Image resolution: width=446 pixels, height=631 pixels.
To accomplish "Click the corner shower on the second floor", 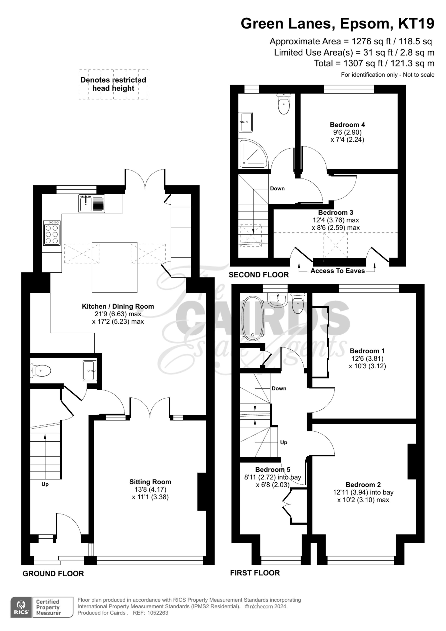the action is click(x=253, y=153).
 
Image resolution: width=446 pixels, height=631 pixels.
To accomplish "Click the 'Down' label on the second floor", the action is click(x=277, y=189).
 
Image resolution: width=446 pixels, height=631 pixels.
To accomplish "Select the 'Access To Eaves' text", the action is click(x=338, y=271).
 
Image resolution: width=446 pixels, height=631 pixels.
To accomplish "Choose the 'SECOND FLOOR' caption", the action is click(x=259, y=275).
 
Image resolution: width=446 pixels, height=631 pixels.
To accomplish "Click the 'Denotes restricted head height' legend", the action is click(x=113, y=84).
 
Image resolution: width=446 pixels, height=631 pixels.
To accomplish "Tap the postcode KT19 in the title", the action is click(x=416, y=23).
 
